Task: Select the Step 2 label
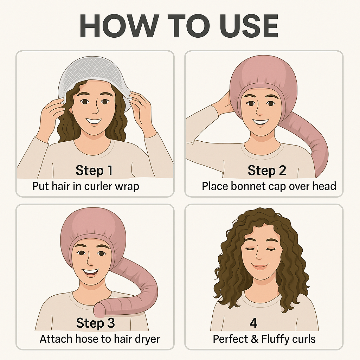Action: pos(267,171)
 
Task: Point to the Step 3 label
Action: pos(96,323)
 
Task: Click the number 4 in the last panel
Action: pos(253,323)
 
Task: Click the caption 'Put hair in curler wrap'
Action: pos(86,186)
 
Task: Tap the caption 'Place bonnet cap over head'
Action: pos(269,186)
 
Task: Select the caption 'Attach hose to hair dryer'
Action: pos(99,339)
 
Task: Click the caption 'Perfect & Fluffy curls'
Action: pos(264,339)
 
